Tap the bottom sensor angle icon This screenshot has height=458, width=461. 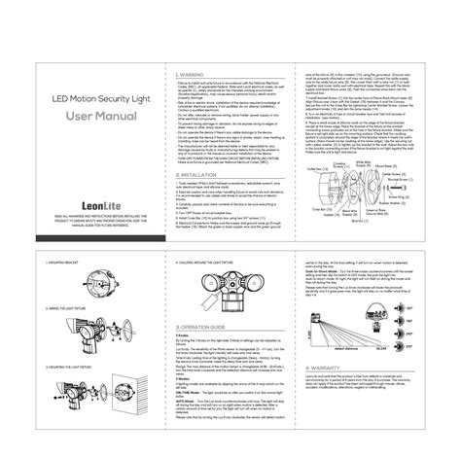pyautogui.click(x=424, y=370)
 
